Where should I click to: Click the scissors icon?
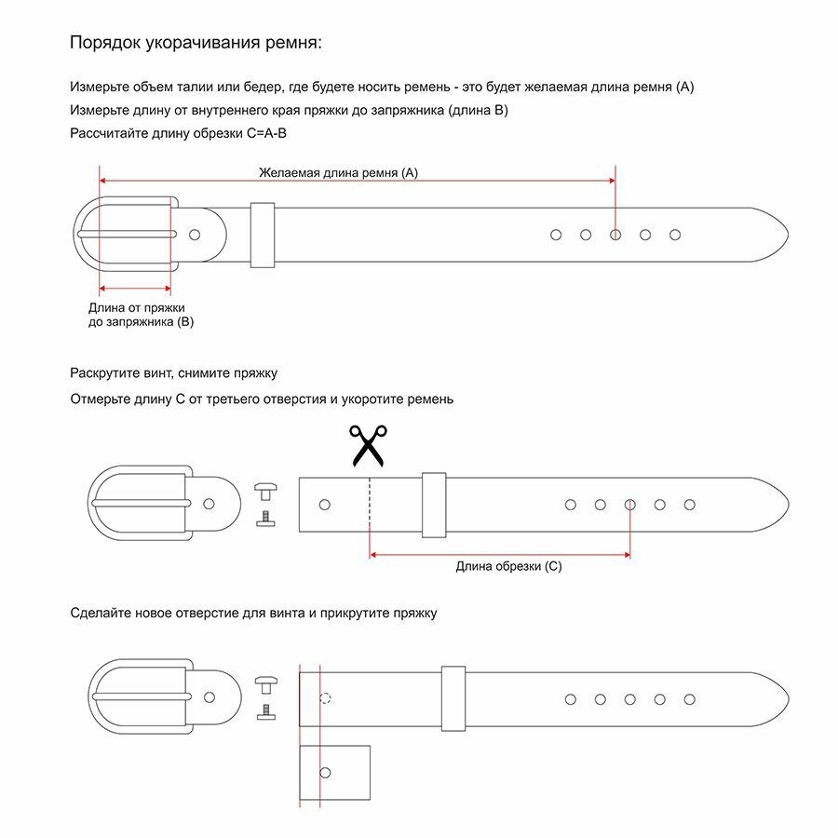coord(368,445)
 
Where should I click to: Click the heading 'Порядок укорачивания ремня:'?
coord(196,43)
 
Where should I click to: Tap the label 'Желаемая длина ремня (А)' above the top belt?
coord(339,172)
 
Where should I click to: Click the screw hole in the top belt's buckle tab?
coord(195,235)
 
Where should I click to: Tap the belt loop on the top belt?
coord(262,235)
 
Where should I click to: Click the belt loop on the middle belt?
coord(433,505)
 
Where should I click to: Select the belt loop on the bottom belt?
coord(453,698)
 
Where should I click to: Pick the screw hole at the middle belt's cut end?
coord(324,505)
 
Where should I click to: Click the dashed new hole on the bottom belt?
coord(325,698)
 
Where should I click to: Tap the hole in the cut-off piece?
coord(325,772)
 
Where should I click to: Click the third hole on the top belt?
coord(615,235)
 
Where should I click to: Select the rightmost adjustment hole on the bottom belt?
coord(689,698)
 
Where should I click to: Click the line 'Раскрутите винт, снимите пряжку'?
coord(174,373)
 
